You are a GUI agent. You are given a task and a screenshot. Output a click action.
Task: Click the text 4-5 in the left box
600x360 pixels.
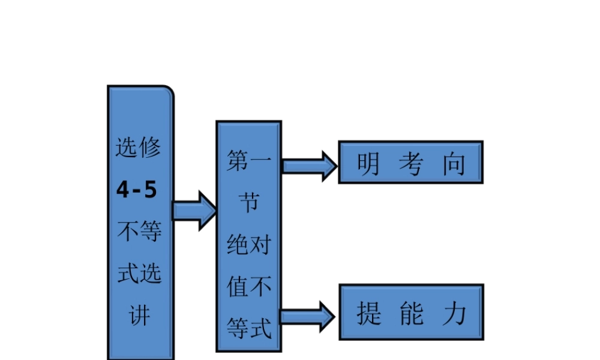[137, 190]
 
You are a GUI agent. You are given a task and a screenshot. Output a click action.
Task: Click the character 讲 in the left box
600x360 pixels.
[140, 316]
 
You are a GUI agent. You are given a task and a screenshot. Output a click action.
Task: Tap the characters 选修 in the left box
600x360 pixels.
[139, 148]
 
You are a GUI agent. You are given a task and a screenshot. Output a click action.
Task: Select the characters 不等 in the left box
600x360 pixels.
[139, 232]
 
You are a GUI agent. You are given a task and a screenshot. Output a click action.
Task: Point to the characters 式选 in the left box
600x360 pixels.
[139, 274]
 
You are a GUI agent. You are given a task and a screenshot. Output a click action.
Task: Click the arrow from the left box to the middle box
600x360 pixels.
[194, 211]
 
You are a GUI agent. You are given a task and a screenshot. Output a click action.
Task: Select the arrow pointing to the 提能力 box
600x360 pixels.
[308, 316]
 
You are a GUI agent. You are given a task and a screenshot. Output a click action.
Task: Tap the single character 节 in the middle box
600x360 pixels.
[248, 204]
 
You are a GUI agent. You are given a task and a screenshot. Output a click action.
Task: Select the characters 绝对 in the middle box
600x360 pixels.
[248, 245]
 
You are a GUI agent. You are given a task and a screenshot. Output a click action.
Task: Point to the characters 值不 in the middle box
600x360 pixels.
[248, 287]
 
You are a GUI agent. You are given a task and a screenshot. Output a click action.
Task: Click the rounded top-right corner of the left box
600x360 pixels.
[169, 91]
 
